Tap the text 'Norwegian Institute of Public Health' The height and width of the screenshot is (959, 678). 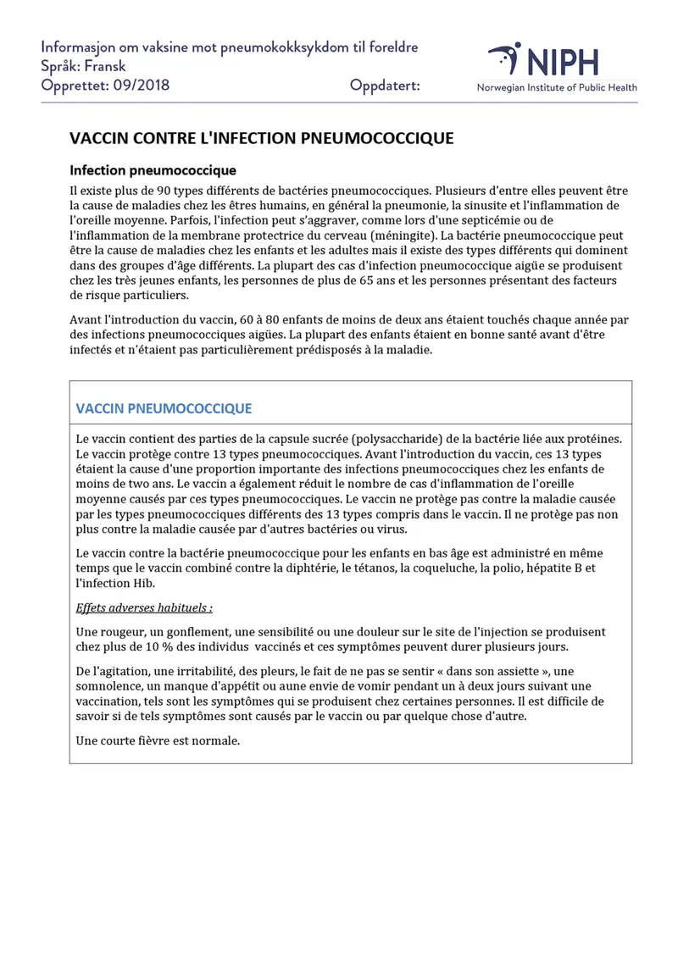tap(557, 87)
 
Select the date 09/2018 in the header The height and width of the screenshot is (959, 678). tap(142, 86)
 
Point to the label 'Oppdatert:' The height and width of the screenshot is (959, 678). tap(385, 86)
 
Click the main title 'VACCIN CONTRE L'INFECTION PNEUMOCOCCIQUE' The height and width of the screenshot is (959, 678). tap(261, 138)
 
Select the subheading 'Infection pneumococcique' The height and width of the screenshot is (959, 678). tap(153, 170)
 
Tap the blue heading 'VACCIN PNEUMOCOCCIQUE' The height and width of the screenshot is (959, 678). tap(164, 407)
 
